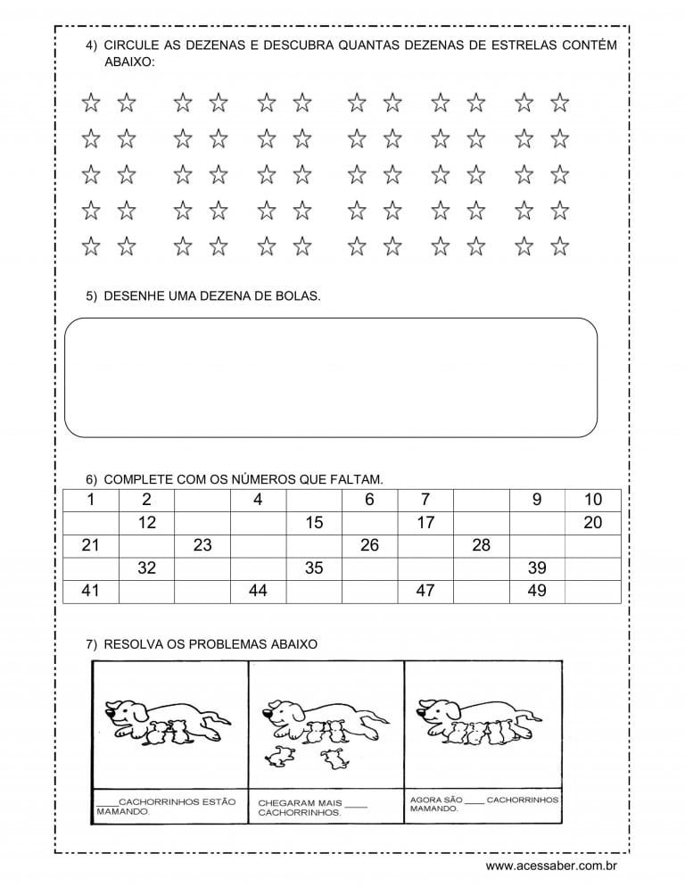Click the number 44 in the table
pyautogui.click(x=258, y=590)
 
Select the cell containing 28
pyautogui.click(x=481, y=545)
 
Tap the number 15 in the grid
pyautogui.click(x=314, y=523)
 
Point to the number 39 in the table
pyautogui.click(x=537, y=568)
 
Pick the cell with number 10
pyautogui.click(x=593, y=500)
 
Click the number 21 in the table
pyautogui.click(x=90, y=545)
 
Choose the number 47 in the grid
pyautogui.click(x=425, y=590)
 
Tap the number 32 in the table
pyautogui.click(x=146, y=568)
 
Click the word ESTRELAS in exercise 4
pyautogui.click(x=527, y=45)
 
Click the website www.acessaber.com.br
pyautogui.click(x=552, y=866)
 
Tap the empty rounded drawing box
pyautogui.click(x=331, y=377)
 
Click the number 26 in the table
pyautogui.click(x=369, y=545)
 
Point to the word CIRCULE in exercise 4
pyautogui.click(x=128, y=45)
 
